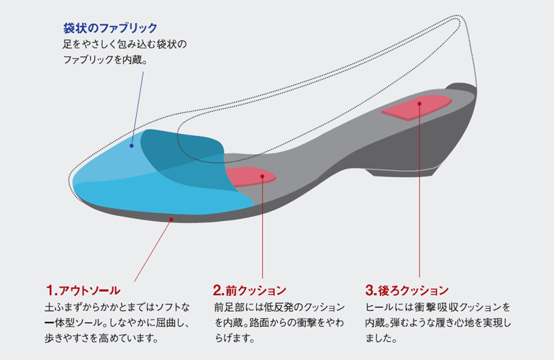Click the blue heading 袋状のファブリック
click(x=110, y=28)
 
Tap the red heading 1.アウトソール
click(x=83, y=290)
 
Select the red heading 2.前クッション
click(x=250, y=290)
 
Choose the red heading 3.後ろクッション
click(x=407, y=290)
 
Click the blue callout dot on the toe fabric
click(x=132, y=145)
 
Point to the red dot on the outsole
click(x=171, y=220)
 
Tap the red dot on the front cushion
click(x=262, y=176)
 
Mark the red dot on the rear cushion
click(x=419, y=104)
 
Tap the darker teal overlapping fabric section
click(x=183, y=159)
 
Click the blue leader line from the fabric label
click(x=138, y=108)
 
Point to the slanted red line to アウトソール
click(x=153, y=251)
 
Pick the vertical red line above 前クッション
click(x=263, y=228)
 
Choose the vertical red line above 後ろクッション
click(x=419, y=190)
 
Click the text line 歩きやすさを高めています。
click(x=101, y=338)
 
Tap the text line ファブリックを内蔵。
click(x=105, y=60)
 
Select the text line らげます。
click(x=235, y=338)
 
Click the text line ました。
click(x=381, y=338)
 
